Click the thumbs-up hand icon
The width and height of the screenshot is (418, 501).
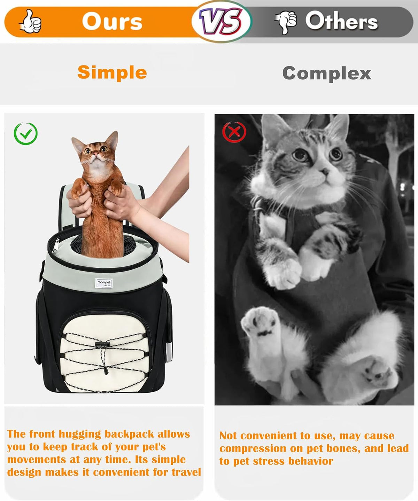(x=31, y=22)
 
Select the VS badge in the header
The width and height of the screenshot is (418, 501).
(x=221, y=21)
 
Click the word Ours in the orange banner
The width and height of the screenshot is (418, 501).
(x=112, y=22)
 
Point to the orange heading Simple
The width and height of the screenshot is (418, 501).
(x=112, y=72)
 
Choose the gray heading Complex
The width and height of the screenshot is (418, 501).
(x=327, y=73)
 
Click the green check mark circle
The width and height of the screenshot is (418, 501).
(x=25, y=134)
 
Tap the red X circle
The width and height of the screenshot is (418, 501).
(x=234, y=132)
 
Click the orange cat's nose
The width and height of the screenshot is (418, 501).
(x=96, y=153)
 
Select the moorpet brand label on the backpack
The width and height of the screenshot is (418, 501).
(x=104, y=283)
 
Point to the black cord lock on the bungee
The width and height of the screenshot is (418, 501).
(x=102, y=344)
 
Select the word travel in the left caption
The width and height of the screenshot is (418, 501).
(x=186, y=472)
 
